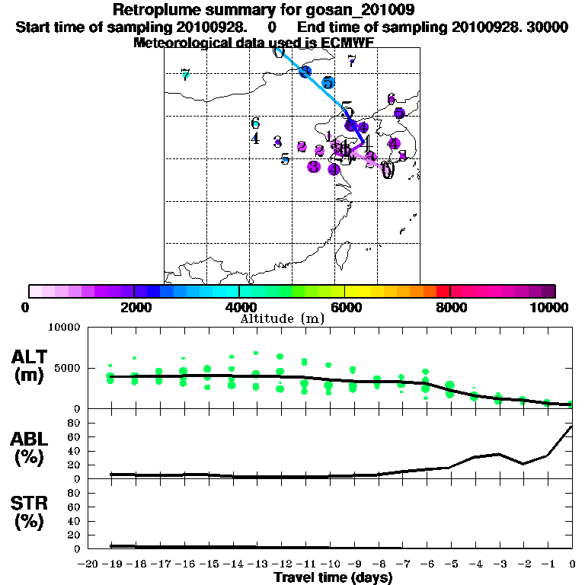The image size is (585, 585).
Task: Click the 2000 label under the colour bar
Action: click(134, 307)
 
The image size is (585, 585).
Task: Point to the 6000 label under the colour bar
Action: click(345, 307)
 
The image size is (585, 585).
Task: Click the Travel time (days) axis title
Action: click(333, 577)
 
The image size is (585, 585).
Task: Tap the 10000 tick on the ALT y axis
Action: click(65, 328)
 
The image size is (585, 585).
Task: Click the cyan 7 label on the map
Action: click(185, 74)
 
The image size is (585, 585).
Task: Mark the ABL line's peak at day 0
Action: click(571, 427)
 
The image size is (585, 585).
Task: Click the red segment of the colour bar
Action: click(443, 291)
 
